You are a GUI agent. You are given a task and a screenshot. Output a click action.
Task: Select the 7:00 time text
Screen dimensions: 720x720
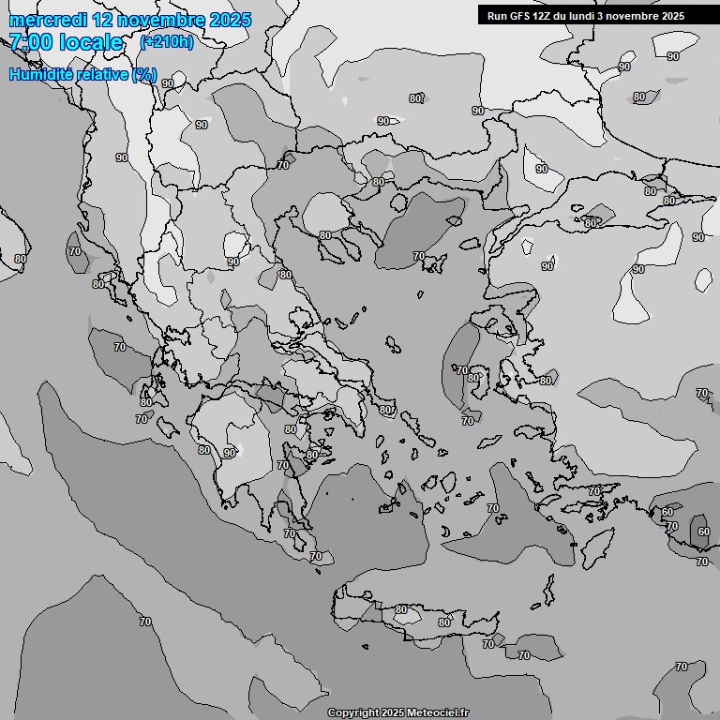click(x=31, y=42)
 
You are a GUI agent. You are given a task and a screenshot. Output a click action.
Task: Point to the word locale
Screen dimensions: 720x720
click(x=91, y=42)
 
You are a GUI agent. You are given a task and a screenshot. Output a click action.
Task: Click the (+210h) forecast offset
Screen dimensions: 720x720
click(x=166, y=42)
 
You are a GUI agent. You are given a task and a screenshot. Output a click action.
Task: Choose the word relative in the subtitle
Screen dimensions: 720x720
click(x=101, y=74)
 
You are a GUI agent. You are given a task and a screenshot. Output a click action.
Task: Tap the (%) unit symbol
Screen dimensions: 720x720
click(x=144, y=74)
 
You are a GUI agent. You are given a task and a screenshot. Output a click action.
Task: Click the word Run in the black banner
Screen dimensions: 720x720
click(x=497, y=16)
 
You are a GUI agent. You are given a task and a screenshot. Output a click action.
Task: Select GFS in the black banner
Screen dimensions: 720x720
click(x=519, y=16)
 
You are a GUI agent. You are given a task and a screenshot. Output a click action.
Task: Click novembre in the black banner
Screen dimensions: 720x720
click(x=637, y=16)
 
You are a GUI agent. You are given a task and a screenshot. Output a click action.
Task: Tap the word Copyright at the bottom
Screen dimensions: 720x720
click(x=354, y=712)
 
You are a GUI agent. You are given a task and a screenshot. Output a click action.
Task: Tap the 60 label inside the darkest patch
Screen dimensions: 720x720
click(x=703, y=532)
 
